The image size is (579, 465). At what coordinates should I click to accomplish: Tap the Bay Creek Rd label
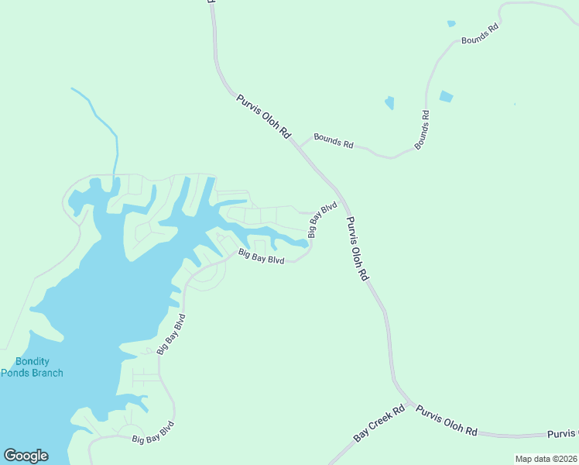[x=380, y=424]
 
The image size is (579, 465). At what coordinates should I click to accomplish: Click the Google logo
[x=26, y=456]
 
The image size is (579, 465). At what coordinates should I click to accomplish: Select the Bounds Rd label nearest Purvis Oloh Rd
[x=333, y=143]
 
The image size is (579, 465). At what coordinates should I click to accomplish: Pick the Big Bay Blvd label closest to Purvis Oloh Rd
[x=323, y=219]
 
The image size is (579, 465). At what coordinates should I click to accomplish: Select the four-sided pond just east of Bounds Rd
[x=446, y=97]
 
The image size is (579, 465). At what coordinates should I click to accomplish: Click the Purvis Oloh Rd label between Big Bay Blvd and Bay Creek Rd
[x=358, y=248]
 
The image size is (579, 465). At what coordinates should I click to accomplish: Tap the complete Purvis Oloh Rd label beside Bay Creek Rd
[x=447, y=420]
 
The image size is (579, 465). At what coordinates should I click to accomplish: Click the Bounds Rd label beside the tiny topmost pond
[x=481, y=33]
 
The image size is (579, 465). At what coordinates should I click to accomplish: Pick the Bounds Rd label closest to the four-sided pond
[x=422, y=129]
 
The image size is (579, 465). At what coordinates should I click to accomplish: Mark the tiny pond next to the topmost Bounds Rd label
[x=451, y=24]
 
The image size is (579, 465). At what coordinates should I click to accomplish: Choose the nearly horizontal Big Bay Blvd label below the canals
[x=262, y=256]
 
